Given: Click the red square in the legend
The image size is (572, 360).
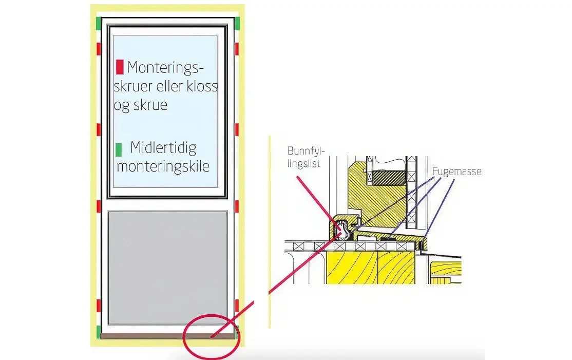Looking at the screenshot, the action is point(120,67).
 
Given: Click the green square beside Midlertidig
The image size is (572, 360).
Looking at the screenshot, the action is point(119,150).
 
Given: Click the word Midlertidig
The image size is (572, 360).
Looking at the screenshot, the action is point(163,148).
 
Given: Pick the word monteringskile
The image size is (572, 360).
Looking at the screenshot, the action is point(163,167).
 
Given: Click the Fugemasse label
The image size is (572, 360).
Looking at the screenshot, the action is point(456,171).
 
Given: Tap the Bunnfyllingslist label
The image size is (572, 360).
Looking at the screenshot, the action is point(306,157).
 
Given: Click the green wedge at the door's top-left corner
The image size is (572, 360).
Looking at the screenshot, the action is point(99,23).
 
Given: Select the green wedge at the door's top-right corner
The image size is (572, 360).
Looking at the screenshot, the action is point(237,23).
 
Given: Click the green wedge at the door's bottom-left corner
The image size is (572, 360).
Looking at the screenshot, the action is point(99,332).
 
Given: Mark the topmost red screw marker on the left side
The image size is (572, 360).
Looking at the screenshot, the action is point(99,49).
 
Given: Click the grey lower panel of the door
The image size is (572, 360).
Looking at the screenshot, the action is point(168,268).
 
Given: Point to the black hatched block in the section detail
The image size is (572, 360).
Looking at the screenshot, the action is point(389,178).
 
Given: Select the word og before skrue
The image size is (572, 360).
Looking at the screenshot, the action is point(122,106).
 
